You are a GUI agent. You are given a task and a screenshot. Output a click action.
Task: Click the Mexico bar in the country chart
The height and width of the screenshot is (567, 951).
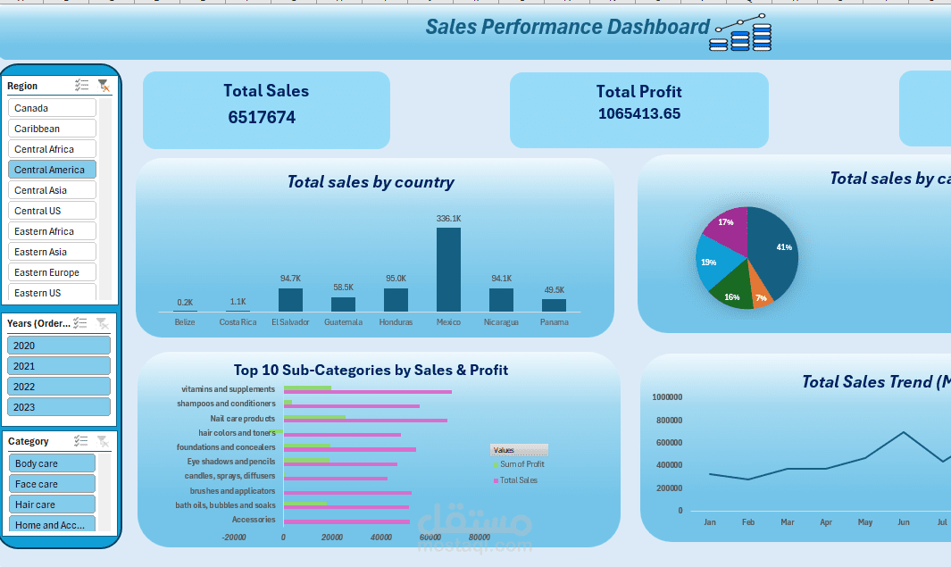(448, 269)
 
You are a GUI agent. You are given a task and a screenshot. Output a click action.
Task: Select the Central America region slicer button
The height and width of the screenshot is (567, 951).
(52, 170)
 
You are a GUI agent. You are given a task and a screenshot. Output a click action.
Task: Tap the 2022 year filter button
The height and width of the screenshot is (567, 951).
(58, 387)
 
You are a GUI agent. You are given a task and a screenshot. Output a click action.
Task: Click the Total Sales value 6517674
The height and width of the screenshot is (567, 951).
(262, 118)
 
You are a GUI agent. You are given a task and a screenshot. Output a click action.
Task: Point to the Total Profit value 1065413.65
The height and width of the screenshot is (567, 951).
(638, 113)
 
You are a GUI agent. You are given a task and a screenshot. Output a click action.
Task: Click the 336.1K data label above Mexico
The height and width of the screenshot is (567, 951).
(448, 219)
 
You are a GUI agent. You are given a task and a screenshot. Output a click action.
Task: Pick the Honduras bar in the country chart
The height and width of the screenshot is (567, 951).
(396, 299)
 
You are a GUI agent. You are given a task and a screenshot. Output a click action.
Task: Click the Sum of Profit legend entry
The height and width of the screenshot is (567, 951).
(521, 464)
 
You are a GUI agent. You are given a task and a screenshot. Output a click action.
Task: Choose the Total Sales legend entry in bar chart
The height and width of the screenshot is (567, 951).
(518, 480)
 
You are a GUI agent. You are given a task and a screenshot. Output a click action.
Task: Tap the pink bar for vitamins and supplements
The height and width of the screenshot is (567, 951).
(367, 392)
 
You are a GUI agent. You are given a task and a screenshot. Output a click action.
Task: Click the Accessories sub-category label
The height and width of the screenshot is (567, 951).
(254, 520)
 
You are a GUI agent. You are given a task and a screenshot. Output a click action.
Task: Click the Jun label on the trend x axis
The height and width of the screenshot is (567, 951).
(904, 521)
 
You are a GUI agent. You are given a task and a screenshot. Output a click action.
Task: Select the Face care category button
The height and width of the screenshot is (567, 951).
(52, 484)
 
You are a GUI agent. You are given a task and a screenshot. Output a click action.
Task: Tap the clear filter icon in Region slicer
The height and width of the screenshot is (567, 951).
(104, 86)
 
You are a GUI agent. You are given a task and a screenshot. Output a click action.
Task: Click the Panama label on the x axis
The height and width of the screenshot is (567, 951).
(554, 322)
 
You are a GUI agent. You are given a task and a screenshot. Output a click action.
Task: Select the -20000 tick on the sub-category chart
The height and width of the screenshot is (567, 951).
(234, 538)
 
